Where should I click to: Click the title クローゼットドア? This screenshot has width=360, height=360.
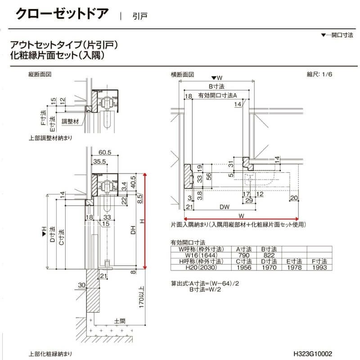point(62,13)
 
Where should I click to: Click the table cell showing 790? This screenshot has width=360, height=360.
point(244,255)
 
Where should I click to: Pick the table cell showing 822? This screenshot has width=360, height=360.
point(269,255)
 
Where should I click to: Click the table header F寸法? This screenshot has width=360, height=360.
point(318,261)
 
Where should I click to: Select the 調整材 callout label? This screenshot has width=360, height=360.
point(70,121)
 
